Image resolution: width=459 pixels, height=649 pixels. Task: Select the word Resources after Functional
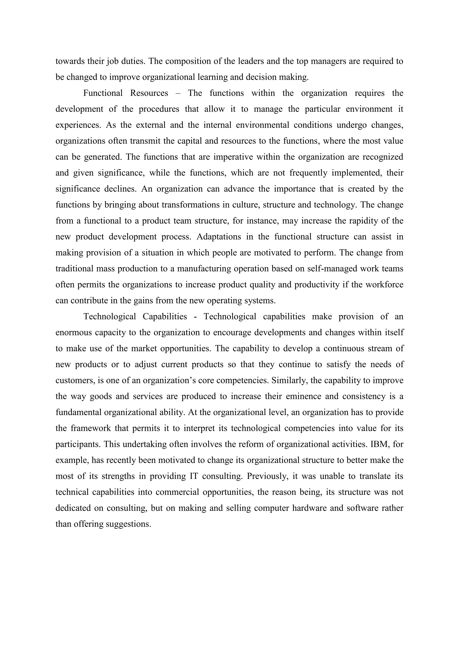pos(149,93)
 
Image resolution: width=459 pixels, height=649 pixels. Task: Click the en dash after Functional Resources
pos(178,93)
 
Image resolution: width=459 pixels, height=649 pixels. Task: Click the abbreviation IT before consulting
pos(194,476)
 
